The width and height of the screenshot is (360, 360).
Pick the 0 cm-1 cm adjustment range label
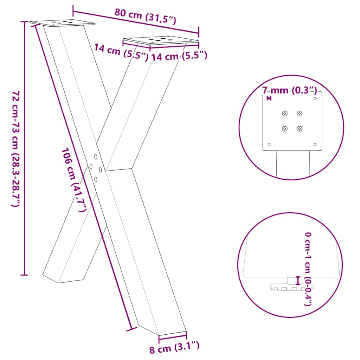coord(308,269)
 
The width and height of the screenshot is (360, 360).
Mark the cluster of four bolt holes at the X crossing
coord(96,168)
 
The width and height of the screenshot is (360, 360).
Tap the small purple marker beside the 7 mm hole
coord(269,98)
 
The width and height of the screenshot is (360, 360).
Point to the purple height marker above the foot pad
coord(298,280)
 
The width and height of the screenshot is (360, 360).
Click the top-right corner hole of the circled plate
coord(315,98)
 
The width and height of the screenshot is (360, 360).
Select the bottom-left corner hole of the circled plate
coord(269,144)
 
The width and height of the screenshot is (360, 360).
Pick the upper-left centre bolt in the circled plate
coord(284,114)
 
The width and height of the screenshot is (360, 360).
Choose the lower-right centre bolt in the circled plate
coord(299,129)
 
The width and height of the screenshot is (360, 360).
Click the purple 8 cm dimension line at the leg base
coord(173,335)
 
